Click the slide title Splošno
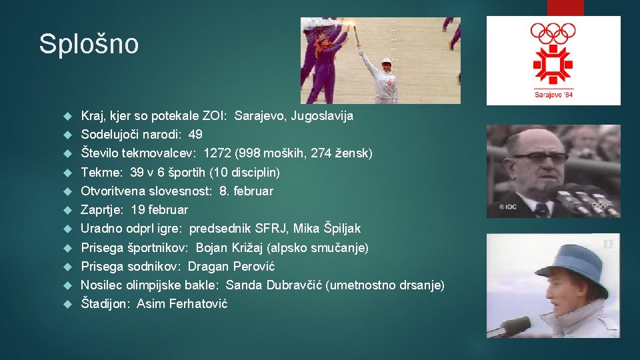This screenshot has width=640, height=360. (x=89, y=45)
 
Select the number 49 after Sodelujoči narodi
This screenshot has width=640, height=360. (x=195, y=135)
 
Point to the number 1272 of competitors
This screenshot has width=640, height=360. (x=218, y=153)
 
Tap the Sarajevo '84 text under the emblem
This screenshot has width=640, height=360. (x=553, y=94)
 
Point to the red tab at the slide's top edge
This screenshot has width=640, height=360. (x=565, y=7)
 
